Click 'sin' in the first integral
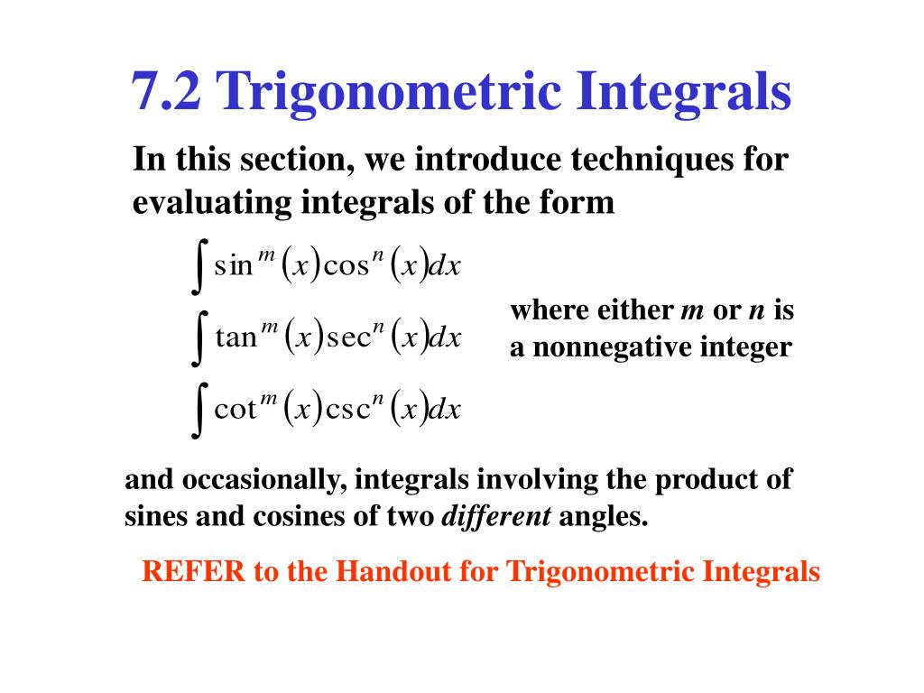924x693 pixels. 234,266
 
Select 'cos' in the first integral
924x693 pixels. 346,266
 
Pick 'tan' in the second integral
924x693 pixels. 236,338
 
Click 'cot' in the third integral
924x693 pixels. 235,411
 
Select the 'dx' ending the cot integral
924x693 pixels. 443,411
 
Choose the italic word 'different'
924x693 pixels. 495,517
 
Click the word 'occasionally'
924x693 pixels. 256,480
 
